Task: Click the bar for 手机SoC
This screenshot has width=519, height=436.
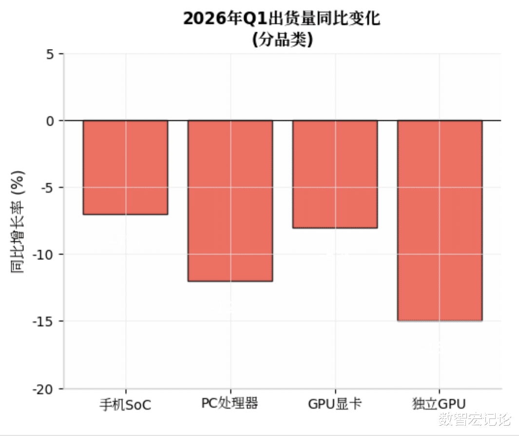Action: coord(125,167)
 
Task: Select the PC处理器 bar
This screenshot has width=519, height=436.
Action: coord(230,200)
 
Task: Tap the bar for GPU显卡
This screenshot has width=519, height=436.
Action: coord(335,174)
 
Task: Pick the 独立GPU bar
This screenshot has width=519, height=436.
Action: coord(440,220)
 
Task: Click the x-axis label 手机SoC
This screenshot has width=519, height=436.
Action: coord(125,404)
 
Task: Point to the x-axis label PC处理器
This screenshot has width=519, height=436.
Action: coord(230,403)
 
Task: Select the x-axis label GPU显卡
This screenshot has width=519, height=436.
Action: coord(335,404)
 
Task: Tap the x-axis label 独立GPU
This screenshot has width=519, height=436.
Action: coord(439,404)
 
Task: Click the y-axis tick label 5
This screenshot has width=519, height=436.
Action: coord(50,54)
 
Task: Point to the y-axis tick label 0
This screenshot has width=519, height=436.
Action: coord(50,121)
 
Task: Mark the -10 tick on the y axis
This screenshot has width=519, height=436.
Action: coord(45,254)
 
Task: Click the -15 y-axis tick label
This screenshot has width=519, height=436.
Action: coord(45,322)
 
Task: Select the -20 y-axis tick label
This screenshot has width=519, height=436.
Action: coord(45,389)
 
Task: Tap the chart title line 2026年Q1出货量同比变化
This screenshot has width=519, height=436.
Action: coord(282,19)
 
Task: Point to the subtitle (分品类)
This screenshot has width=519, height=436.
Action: coord(282,40)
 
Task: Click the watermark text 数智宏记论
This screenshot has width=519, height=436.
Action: coord(474,419)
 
